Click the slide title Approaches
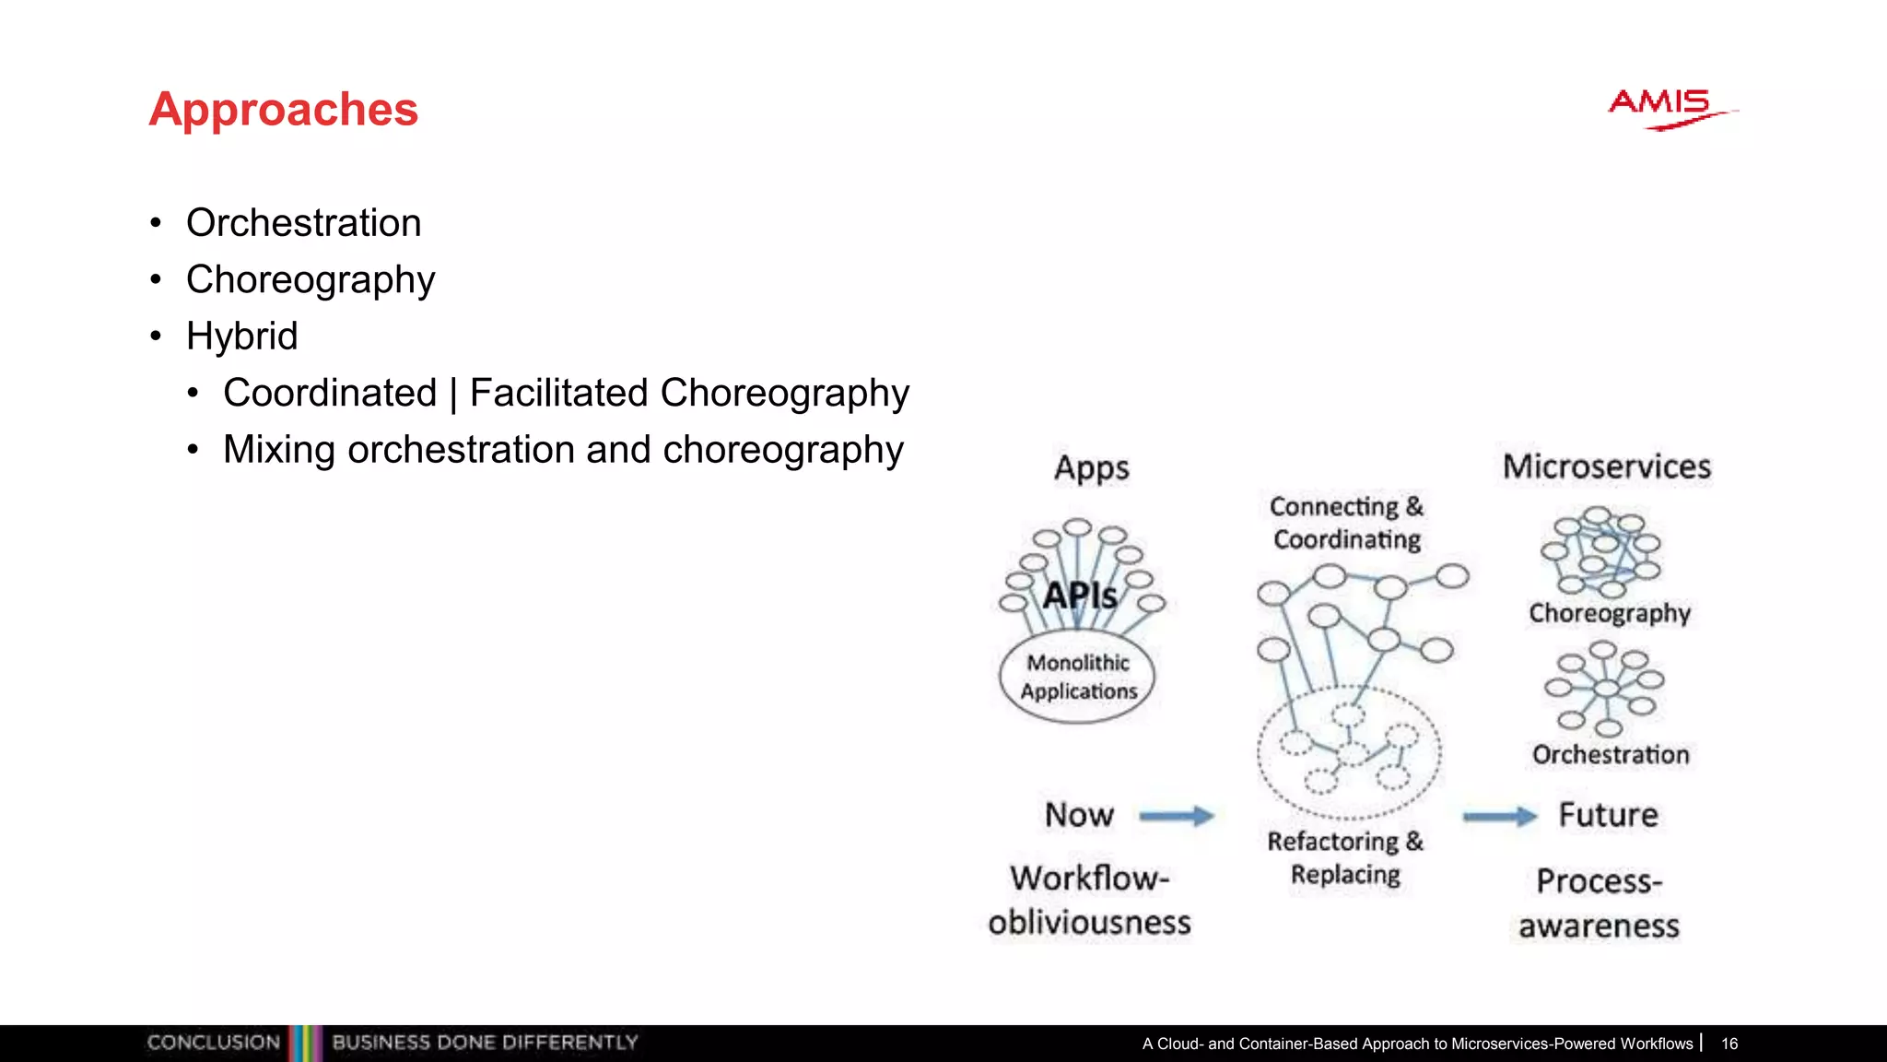tap(283, 109)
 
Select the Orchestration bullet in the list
tap(303, 223)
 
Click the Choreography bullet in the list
tap(310, 280)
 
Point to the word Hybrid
tap(241, 336)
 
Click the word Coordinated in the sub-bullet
tap(330, 394)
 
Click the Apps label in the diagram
tap(1092, 467)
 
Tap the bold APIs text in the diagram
tap(1080, 596)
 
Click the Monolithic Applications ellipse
tap(1078, 678)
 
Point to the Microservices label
tap(1607, 466)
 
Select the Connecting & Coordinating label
tap(1346, 523)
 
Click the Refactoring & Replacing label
tap(1345, 857)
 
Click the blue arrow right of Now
tap(1177, 816)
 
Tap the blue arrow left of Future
tap(1500, 816)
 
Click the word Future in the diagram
tap(1608, 815)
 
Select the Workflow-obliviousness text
tap(1089, 900)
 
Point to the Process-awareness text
tap(1600, 903)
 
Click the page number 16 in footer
tap(1729, 1044)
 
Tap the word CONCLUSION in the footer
tap(214, 1043)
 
